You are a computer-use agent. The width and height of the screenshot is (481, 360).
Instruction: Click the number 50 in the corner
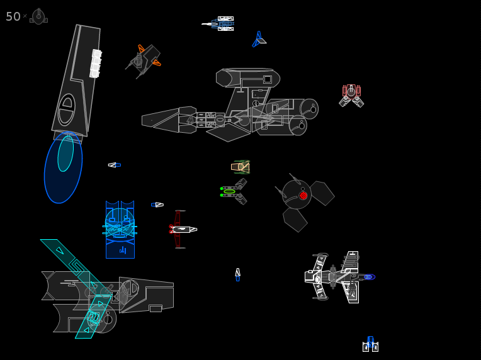(x=13, y=16)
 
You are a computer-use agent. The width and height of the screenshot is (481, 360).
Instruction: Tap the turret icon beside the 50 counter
(x=38, y=16)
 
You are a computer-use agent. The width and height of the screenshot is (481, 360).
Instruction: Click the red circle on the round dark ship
(x=303, y=196)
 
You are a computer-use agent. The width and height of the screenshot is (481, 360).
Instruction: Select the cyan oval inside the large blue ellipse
(x=65, y=154)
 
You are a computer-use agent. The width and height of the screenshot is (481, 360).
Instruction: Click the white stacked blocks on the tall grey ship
(x=96, y=64)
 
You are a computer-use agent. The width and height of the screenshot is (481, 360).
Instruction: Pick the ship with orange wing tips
(x=144, y=60)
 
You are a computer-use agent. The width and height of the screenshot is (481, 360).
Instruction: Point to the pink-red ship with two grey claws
(x=351, y=96)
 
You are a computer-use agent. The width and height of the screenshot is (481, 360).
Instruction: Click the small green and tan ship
(x=241, y=167)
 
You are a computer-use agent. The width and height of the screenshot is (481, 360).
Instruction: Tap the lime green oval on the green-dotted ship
(x=229, y=191)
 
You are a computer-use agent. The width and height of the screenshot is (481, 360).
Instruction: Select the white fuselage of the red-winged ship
(x=184, y=229)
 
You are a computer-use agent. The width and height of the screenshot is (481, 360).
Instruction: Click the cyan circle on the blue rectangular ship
(x=120, y=223)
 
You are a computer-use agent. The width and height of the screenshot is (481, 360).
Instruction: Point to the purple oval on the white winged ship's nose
(x=370, y=277)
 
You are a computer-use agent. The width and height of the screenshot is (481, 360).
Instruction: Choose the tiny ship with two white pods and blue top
(x=371, y=344)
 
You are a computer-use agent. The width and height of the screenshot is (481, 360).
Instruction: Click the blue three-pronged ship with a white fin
(x=259, y=39)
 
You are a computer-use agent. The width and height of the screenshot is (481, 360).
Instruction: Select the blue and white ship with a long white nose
(x=218, y=24)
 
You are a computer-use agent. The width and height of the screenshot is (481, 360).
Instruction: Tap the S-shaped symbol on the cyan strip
(x=76, y=266)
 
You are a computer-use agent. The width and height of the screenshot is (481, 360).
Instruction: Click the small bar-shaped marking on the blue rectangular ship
(x=123, y=250)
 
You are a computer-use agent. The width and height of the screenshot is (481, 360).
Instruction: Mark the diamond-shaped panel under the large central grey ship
(x=229, y=132)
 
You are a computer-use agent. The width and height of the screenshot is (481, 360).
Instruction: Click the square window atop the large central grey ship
(x=268, y=79)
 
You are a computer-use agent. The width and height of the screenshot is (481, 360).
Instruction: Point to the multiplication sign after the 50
(x=25, y=16)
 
